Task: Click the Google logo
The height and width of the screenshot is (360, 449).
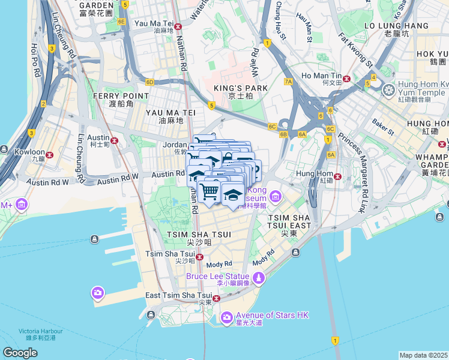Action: [x=20, y=353]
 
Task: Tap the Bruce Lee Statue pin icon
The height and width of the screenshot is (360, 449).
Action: [x=259, y=278]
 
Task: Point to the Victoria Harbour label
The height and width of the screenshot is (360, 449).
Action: [x=37, y=334]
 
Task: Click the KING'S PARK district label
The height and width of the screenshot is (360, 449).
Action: [x=240, y=88]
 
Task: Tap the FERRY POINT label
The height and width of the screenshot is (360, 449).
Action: [x=121, y=96]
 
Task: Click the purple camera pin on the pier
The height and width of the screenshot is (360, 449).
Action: [x=97, y=293]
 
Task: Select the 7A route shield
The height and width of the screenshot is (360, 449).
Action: [x=288, y=81]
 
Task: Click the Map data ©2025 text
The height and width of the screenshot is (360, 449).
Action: [x=423, y=355]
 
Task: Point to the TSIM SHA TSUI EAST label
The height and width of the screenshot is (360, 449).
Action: [x=289, y=221]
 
